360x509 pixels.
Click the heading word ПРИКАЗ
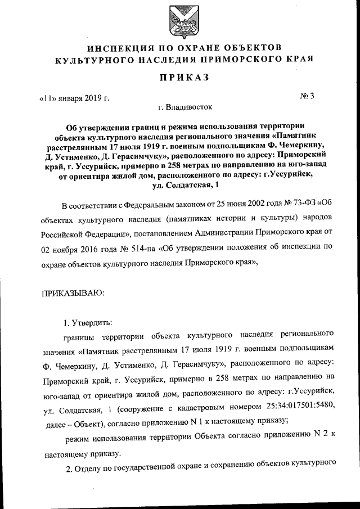tap(179, 78)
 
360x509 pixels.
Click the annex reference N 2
tap(320, 435)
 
